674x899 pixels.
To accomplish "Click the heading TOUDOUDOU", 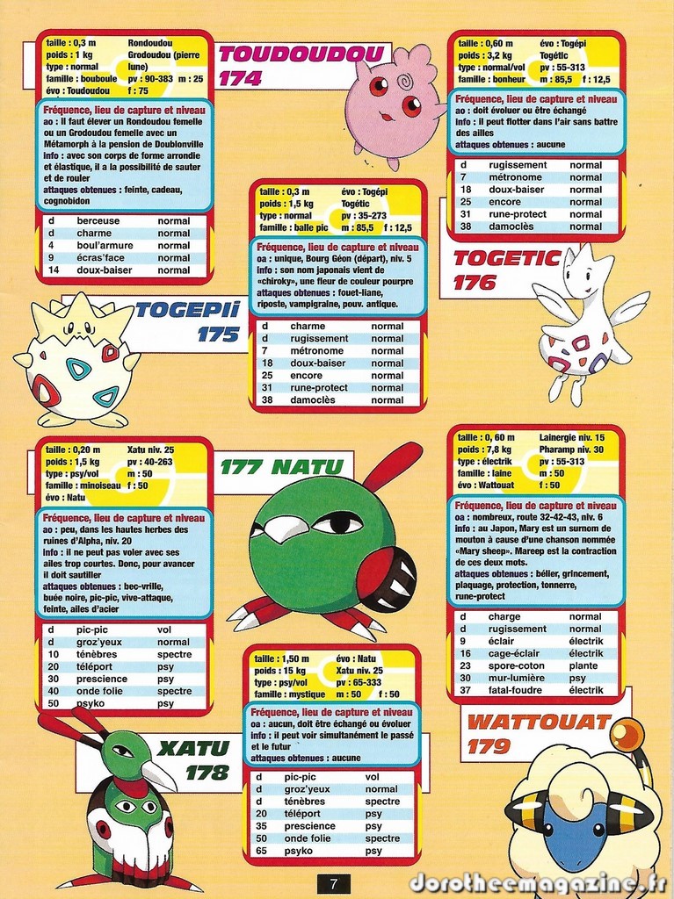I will [301, 54].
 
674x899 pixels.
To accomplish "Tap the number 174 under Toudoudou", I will [241, 78].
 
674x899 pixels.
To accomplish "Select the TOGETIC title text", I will [507, 258].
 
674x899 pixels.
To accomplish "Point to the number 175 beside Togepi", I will [218, 334].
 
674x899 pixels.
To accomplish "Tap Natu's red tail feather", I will [392, 465].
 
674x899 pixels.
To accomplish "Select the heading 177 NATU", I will [282, 466].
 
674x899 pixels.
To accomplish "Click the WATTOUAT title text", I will [538, 723].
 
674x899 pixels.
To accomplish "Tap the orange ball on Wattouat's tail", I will [627, 734].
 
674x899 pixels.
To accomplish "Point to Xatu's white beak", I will [159, 773].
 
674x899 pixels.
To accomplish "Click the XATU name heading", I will [193, 749].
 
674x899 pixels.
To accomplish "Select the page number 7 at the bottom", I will [334, 884].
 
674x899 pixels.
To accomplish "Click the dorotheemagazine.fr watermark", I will [537, 881].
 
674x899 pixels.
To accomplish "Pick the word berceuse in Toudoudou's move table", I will [98, 221].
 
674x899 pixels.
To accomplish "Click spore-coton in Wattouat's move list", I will [517, 665].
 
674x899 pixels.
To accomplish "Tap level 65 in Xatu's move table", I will [260, 851].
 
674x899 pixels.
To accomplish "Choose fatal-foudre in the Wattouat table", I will [517, 690].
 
